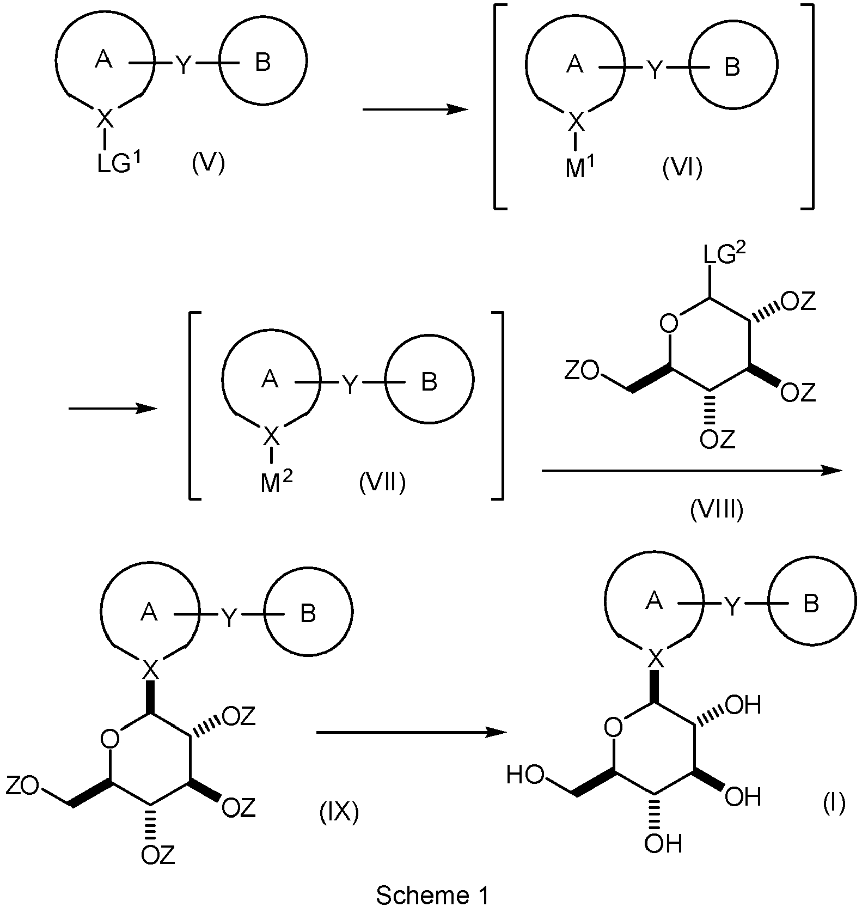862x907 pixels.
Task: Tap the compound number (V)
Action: (x=209, y=163)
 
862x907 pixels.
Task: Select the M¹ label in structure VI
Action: (x=579, y=168)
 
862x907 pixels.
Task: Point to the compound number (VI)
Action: (x=682, y=168)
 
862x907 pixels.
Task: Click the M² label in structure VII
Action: (x=276, y=482)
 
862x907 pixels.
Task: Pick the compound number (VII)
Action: (x=382, y=482)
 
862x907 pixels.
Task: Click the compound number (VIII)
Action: (x=717, y=510)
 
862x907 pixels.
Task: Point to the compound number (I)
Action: (x=834, y=802)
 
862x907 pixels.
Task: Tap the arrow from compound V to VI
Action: (x=415, y=110)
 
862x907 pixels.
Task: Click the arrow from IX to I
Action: (x=411, y=733)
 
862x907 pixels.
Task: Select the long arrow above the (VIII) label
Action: (x=692, y=471)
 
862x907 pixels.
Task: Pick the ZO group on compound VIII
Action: (x=581, y=372)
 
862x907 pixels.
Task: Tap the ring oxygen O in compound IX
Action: (x=110, y=739)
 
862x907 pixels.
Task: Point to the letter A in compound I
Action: (x=654, y=600)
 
